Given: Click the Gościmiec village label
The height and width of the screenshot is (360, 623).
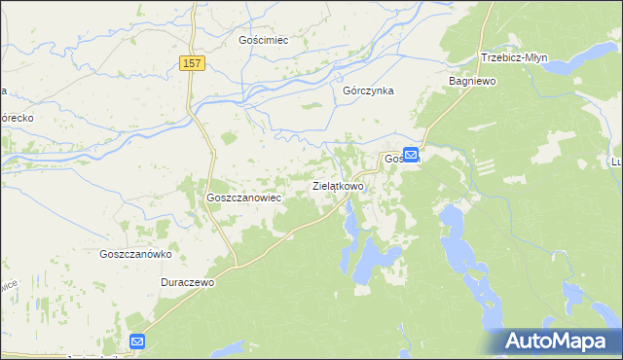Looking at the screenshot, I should (266, 41).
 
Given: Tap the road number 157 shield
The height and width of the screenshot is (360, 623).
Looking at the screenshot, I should (192, 63).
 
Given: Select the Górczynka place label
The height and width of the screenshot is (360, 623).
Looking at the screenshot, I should (367, 90).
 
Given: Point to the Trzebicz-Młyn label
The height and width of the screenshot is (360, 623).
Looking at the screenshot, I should (513, 57).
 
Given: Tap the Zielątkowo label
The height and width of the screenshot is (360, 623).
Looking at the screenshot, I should (338, 185).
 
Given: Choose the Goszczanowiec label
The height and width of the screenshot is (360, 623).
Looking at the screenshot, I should (243, 197).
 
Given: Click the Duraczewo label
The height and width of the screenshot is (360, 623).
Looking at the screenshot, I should (187, 282).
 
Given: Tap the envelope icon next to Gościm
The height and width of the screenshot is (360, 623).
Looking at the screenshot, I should (411, 154).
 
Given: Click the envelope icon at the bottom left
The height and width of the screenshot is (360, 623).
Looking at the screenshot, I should (137, 342).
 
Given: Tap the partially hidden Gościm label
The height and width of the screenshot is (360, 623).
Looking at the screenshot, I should (392, 159).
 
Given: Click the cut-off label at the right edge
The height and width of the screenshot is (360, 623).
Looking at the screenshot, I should (615, 162).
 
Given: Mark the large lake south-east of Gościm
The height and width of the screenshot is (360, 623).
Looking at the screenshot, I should (455, 243).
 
